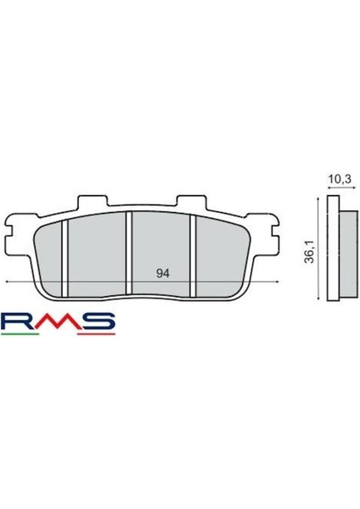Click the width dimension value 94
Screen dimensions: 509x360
160,273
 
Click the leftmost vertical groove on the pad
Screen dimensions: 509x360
65,255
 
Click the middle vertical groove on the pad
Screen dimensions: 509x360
128,255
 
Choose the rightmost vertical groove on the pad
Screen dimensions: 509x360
193,255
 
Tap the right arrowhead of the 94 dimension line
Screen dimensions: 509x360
275,281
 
